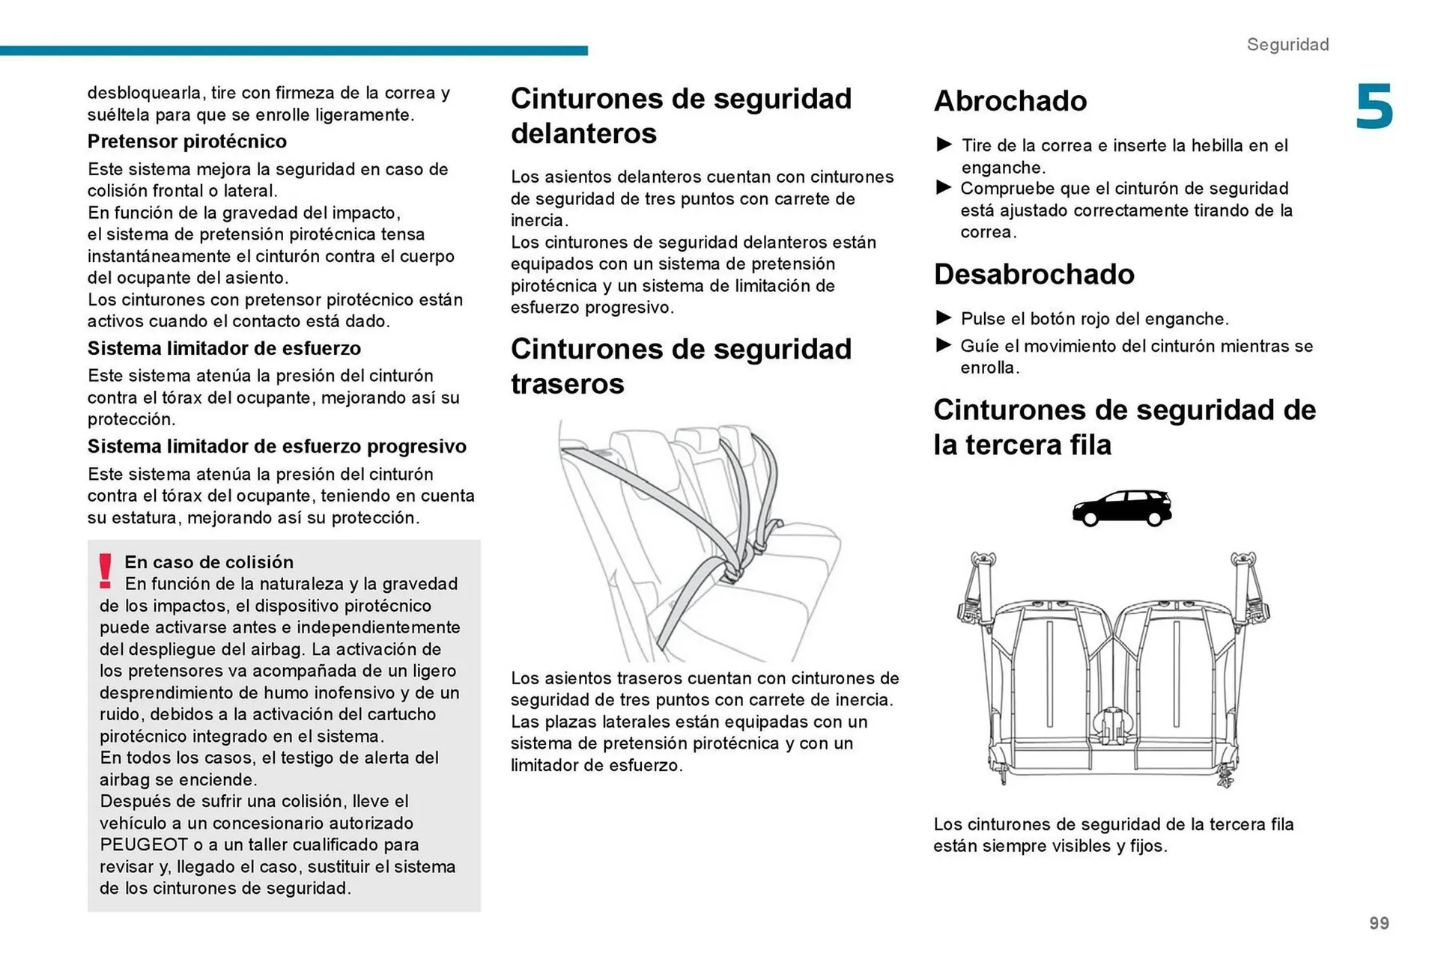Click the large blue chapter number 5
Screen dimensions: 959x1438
click(1374, 107)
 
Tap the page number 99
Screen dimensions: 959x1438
click(1379, 923)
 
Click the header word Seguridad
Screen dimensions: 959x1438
click(1287, 44)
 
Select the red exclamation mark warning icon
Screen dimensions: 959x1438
click(106, 571)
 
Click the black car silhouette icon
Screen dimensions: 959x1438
click(1121, 508)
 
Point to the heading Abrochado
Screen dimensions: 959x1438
click(1010, 101)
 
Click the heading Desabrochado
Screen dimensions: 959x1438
click(1034, 274)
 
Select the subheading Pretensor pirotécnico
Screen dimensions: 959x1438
click(186, 141)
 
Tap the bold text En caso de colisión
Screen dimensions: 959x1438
click(209, 561)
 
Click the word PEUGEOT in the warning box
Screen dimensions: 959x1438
click(144, 844)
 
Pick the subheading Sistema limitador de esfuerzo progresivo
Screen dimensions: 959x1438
click(276, 446)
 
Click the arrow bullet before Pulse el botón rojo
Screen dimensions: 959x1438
click(944, 317)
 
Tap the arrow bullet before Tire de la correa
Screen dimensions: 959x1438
click(944, 144)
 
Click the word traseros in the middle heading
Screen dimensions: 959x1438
click(567, 384)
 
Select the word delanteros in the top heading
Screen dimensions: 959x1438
click(583, 133)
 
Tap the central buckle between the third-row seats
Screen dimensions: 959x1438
click(1113, 726)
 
